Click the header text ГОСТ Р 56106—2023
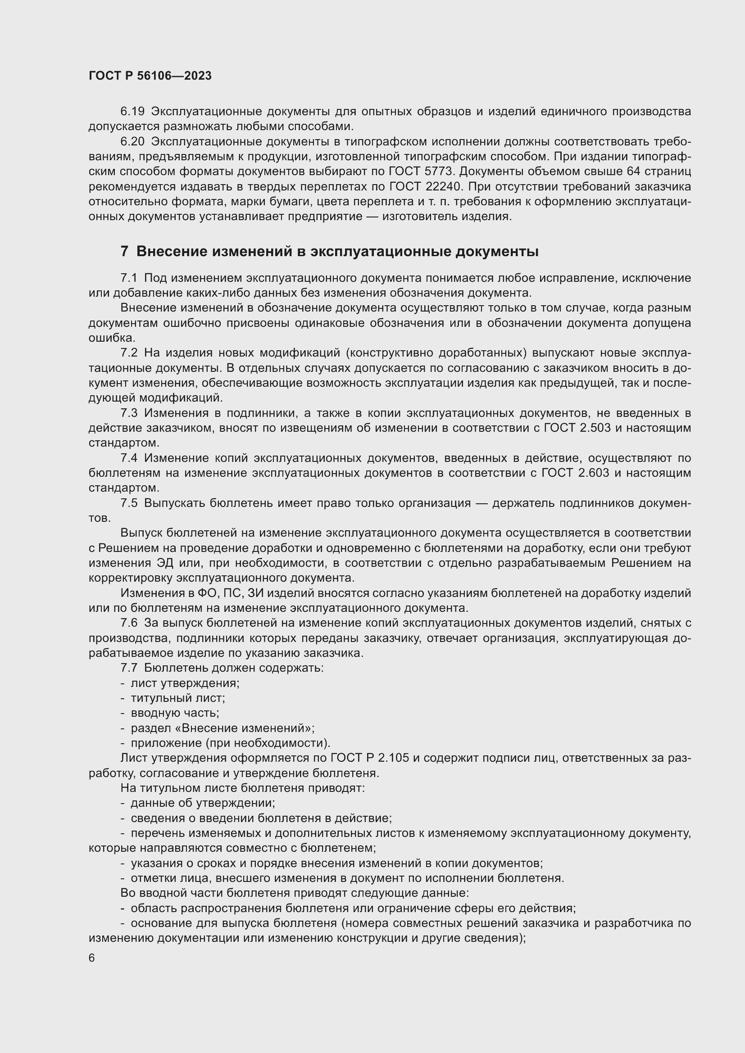coord(150,76)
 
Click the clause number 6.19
coord(132,112)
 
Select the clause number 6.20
coord(132,142)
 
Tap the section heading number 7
coord(124,252)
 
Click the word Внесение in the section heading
coord(169,252)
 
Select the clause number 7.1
coord(129,278)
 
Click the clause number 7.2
coord(129,353)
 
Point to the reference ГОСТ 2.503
coord(577,428)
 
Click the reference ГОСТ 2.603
coord(575,473)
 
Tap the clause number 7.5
coord(129,503)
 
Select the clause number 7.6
coord(129,623)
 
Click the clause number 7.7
coord(129,668)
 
